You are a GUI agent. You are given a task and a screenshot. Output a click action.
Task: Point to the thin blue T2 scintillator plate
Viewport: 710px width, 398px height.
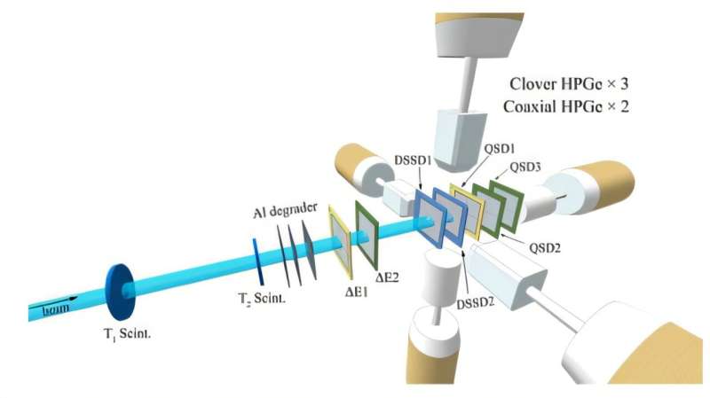(x=257, y=254)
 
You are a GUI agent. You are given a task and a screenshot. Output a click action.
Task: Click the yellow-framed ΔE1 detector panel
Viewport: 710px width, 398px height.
(x=339, y=238)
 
